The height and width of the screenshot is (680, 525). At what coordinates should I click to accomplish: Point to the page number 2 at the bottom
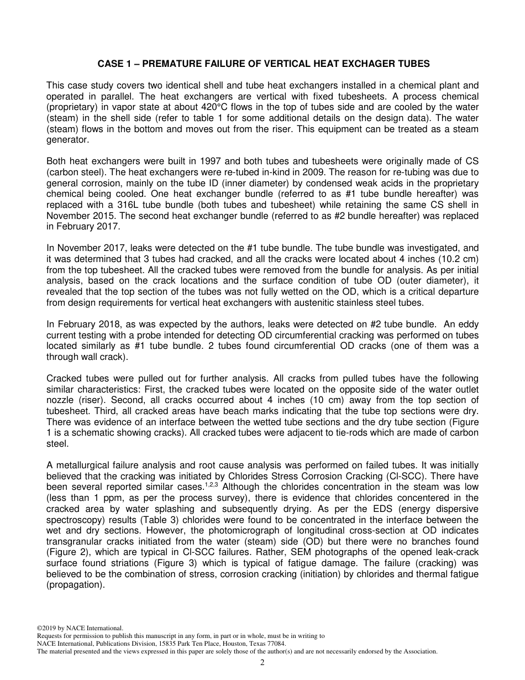[262, 663]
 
